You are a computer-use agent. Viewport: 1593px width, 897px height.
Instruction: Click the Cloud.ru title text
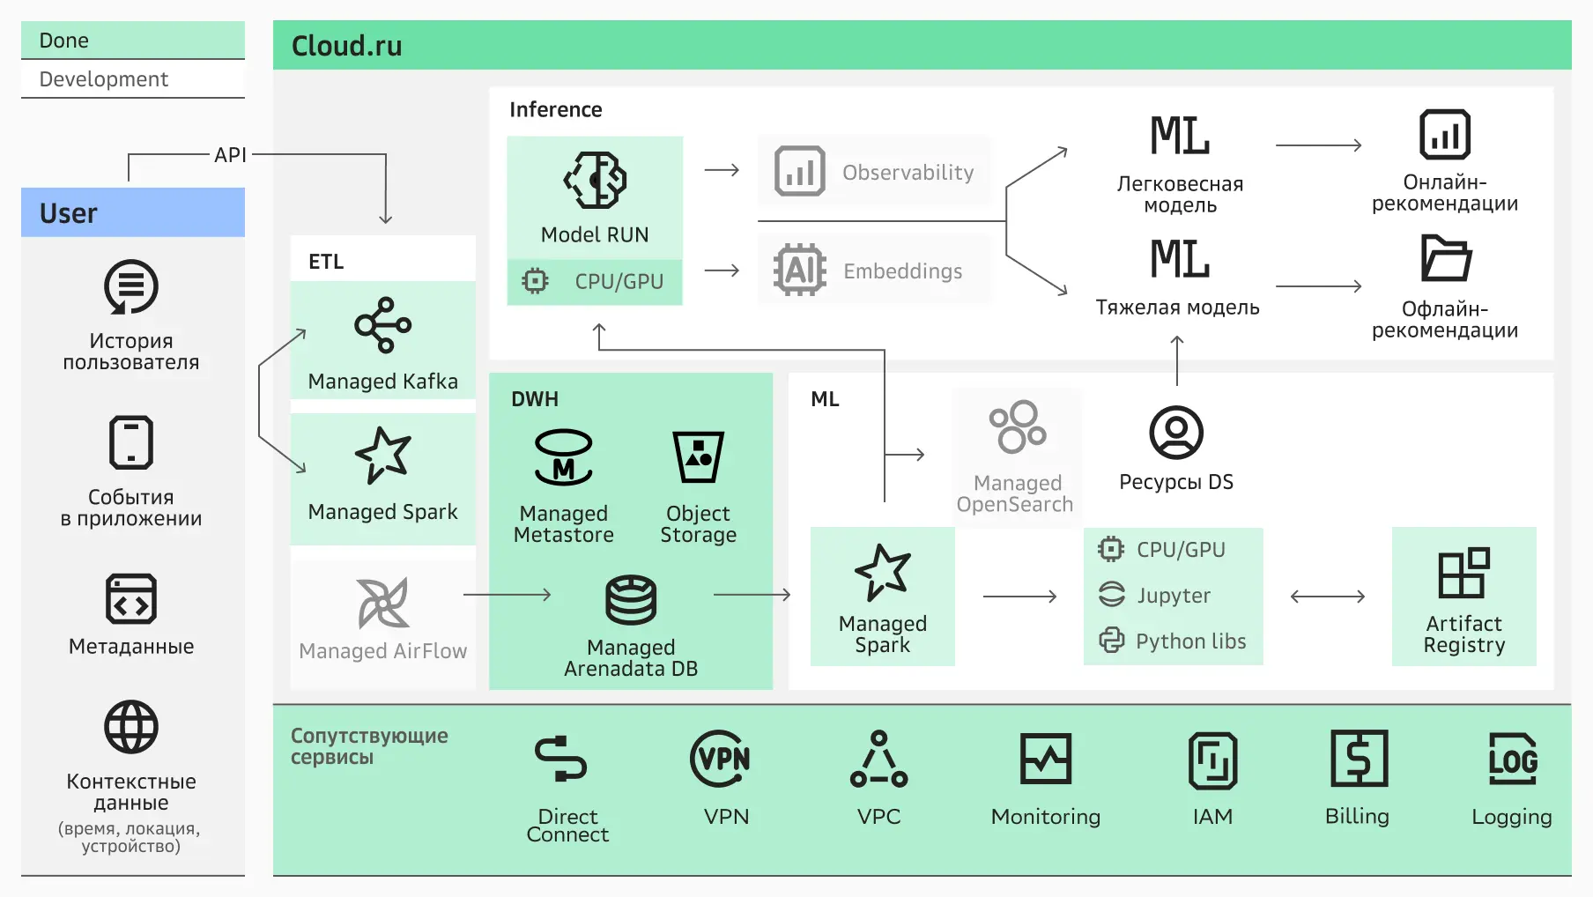tap(346, 46)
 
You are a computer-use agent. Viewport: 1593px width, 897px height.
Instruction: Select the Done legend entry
tap(64, 41)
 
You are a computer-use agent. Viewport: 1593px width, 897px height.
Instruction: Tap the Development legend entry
tap(104, 79)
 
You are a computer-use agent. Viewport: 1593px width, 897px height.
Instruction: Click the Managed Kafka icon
tap(382, 325)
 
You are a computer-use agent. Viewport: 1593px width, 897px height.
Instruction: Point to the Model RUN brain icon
tap(596, 180)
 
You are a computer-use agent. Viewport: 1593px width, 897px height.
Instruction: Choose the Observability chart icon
tap(799, 171)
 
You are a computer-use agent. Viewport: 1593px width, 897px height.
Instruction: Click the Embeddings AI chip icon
tap(799, 270)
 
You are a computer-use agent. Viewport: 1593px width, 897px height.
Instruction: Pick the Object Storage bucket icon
tap(698, 456)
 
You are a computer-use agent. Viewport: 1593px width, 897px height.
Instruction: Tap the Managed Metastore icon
tap(563, 457)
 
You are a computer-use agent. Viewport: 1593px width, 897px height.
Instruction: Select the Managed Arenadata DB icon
tap(631, 599)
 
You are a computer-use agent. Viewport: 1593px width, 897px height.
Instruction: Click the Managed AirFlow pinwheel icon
tap(382, 604)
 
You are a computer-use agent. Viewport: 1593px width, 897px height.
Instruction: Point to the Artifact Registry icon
tap(1463, 573)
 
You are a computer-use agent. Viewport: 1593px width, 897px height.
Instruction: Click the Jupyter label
tap(1174, 596)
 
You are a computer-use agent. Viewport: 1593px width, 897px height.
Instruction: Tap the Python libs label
tap(1190, 641)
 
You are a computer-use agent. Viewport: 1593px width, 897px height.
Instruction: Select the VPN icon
tap(721, 759)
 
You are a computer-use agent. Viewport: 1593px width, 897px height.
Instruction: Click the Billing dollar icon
tap(1359, 759)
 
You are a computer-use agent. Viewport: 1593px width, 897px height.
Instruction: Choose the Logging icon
tap(1512, 759)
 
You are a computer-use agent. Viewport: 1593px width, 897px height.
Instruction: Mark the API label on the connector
tap(230, 155)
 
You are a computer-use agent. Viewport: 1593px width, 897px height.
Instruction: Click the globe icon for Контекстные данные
tap(131, 727)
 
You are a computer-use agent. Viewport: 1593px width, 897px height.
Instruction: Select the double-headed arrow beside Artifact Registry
tap(1328, 597)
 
